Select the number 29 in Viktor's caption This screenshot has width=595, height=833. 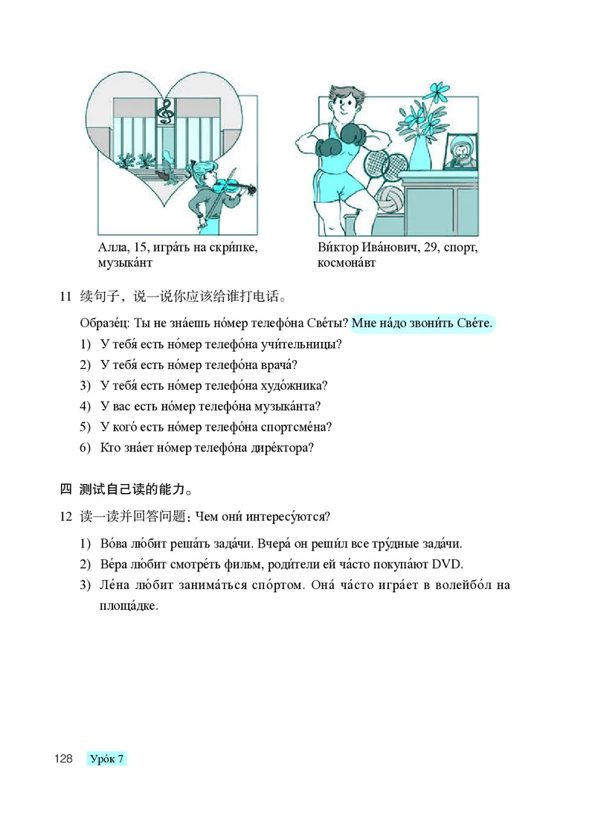(430, 247)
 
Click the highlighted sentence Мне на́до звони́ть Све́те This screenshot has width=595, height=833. (422, 324)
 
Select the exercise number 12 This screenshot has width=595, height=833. (65, 516)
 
